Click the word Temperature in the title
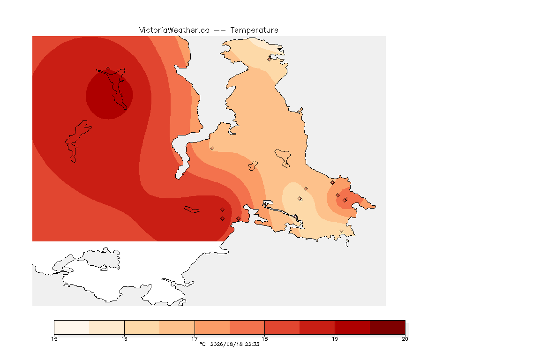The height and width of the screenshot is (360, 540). point(254,30)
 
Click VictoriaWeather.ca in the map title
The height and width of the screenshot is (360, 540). point(174,30)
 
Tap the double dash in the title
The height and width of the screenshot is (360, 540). point(220,30)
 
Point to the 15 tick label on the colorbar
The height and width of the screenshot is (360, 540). point(54,339)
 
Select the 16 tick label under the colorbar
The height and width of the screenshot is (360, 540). point(124,339)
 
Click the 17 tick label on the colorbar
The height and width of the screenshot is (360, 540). point(195,339)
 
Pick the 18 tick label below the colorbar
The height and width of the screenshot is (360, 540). point(264,339)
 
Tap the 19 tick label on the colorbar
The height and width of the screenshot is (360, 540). point(335,339)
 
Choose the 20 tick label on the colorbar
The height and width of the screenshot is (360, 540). point(405,339)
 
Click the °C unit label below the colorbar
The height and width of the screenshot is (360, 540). point(202,344)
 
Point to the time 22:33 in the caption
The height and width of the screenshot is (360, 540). point(252,344)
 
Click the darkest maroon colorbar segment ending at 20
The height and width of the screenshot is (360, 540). point(388,327)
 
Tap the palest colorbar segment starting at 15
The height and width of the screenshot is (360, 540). point(72,327)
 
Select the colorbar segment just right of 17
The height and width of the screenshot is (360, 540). point(212,327)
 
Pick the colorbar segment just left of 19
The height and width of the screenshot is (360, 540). point(317,327)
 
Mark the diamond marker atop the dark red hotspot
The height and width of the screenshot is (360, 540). point(108,69)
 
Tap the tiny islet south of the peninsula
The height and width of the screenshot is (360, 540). point(347,243)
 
